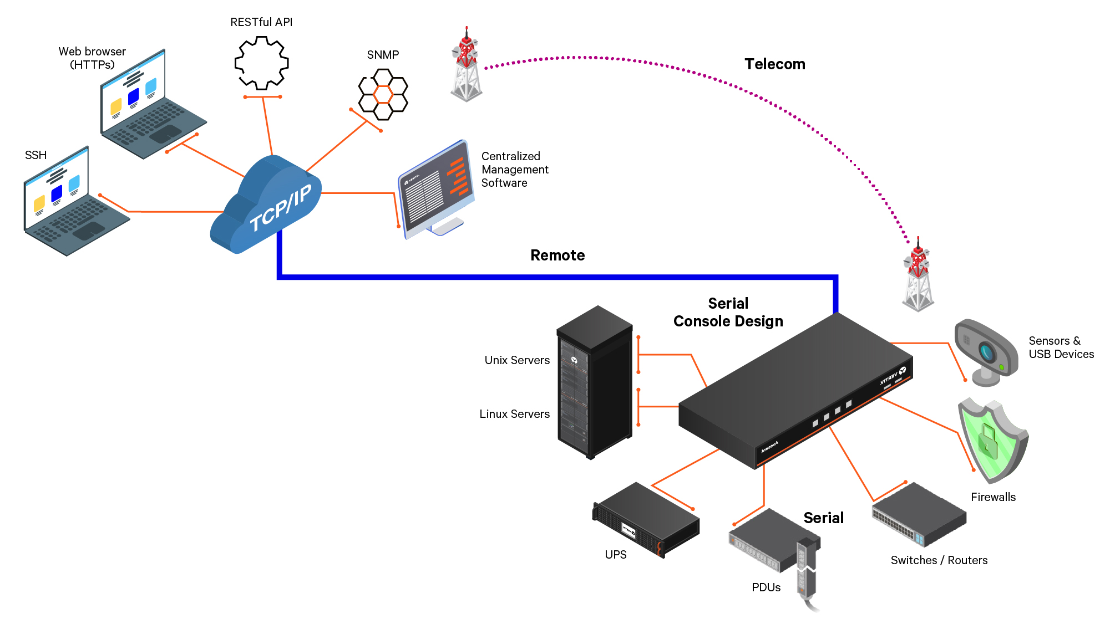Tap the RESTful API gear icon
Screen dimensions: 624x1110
(x=261, y=63)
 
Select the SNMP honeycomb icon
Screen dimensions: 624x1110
(x=383, y=94)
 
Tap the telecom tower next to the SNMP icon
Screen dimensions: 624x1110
(x=467, y=67)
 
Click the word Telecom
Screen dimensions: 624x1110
(x=774, y=64)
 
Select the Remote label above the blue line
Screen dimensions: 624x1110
(x=557, y=255)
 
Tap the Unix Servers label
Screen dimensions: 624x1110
(x=517, y=360)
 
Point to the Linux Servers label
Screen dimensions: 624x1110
(x=514, y=414)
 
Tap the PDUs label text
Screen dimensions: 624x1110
(x=766, y=587)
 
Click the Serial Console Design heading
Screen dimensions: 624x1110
(x=728, y=313)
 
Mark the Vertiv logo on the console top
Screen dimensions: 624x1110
(x=893, y=377)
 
